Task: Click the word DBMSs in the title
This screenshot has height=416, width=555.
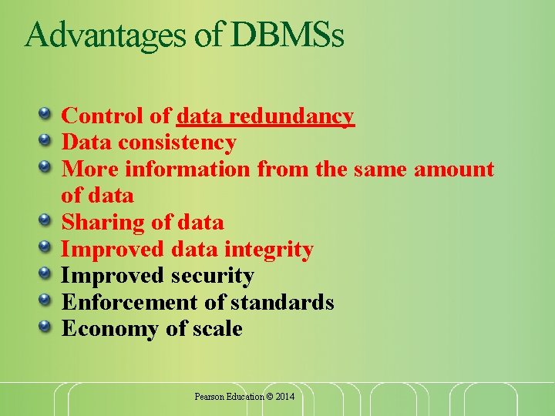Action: pyautogui.click(x=287, y=35)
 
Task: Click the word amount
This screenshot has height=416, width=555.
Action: pyautogui.click(x=454, y=169)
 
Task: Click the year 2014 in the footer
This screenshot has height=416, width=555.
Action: pyautogui.click(x=284, y=397)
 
